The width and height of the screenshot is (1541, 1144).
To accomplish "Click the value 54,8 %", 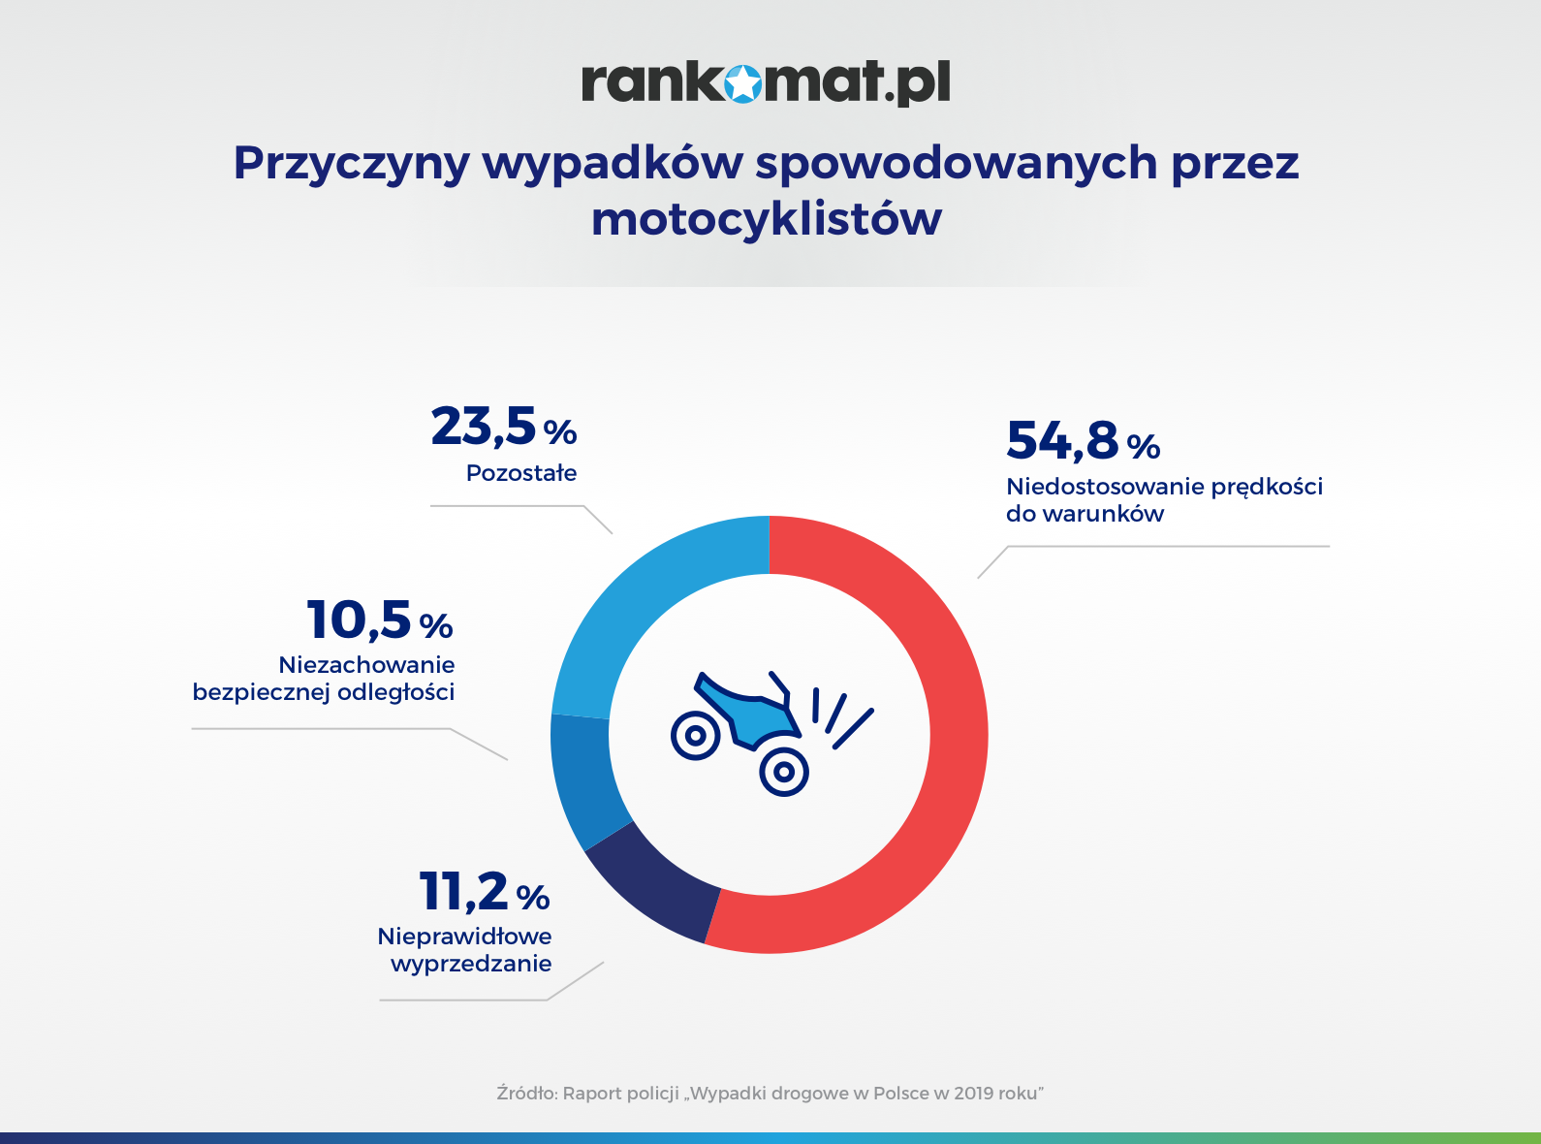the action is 1083,441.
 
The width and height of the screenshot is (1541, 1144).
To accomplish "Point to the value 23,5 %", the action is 504,426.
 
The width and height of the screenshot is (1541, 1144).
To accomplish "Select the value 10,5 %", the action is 379,620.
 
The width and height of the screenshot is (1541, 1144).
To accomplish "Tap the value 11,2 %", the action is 485,892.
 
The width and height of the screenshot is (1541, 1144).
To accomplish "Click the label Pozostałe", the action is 521,473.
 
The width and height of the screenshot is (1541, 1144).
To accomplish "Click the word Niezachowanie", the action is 367,665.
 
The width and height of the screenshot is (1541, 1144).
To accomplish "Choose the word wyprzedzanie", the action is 471,964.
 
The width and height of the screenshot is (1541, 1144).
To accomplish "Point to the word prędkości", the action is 1267,488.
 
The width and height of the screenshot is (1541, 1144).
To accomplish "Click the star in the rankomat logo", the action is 742,83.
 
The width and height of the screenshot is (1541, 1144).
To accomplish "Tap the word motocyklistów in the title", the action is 767,220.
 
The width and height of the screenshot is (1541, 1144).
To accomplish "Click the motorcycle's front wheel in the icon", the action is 784,772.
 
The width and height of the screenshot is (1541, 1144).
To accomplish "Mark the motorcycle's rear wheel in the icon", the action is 695,735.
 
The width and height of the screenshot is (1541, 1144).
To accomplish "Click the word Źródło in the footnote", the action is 527,1093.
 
